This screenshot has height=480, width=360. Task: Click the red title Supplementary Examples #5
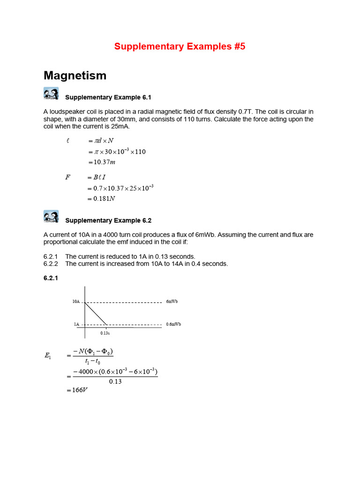tap(180, 46)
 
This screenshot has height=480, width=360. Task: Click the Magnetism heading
tap(75, 75)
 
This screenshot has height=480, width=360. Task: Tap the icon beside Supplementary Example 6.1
tap(51, 93)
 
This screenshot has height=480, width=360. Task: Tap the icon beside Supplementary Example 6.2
tap(51, 216)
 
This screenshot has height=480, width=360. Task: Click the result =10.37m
tap(101, 162)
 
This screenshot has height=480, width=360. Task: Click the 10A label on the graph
tap(76, 301)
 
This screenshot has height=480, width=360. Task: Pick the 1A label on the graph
tap(77, 324)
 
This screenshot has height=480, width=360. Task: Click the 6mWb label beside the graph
tap(172, 301)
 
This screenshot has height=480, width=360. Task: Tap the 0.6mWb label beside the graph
tap(173, 324)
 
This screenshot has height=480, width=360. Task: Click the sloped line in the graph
tap(96, 313)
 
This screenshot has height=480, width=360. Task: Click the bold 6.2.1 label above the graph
tap(51, 278)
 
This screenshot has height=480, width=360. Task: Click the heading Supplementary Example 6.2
tap(108, 220)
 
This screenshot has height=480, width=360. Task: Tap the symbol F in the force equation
tap(68, 177)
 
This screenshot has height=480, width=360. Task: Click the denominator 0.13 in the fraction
tap(115, 381)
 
